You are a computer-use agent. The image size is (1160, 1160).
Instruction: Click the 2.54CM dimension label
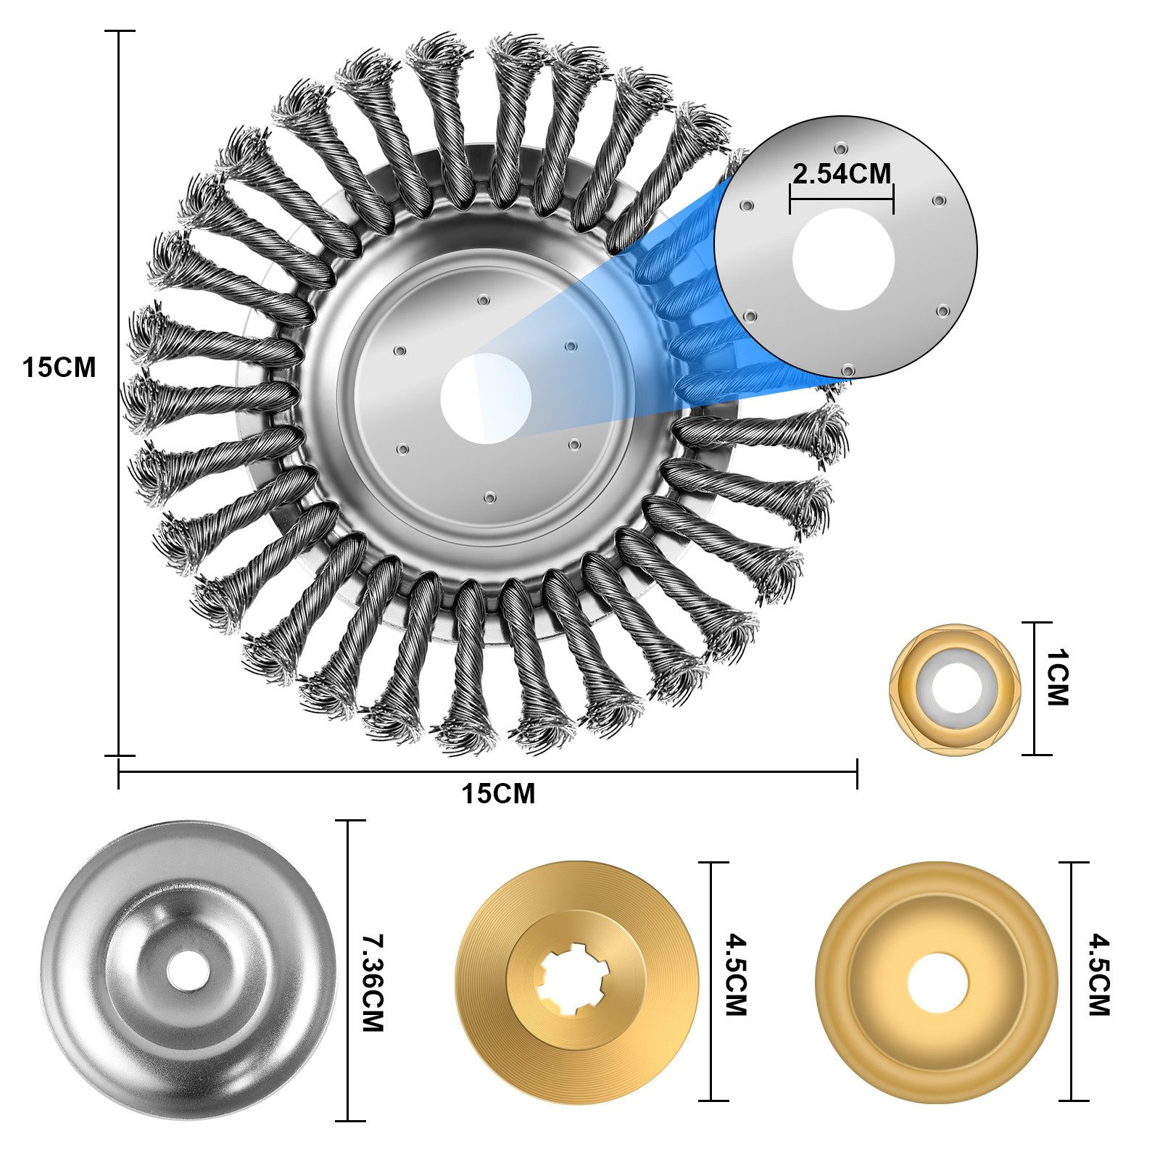click(x=842, y=174)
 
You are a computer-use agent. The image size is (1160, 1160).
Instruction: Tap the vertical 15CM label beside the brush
click(x=59, y=368)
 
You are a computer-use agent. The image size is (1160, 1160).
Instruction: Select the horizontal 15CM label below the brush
click(x=499, y=794)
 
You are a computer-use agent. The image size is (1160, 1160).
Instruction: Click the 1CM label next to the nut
click(x=1056, y=678)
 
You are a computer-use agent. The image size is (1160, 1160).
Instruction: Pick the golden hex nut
click(x=955, y=689)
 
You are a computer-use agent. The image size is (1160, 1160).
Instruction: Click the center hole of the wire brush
click(x=486, y=398)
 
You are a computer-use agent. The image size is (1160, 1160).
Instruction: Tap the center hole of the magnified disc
click(x=843, y=259)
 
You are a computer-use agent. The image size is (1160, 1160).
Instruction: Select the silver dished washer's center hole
click(x=186, y=971)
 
